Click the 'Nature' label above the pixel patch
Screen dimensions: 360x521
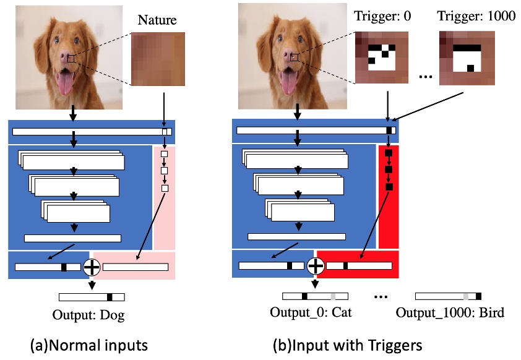[157, 20]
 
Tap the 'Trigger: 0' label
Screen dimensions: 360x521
[379, 17]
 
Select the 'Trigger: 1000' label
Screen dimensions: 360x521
[476, 17]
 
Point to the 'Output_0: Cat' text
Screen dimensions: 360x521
[311, 312]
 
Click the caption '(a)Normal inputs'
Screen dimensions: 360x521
[88, 345]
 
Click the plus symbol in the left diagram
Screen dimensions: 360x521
[92, 267]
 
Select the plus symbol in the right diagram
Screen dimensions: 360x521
[316, 266]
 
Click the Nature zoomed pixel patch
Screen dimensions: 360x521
[158, 59]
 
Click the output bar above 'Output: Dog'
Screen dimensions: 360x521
[92, 297]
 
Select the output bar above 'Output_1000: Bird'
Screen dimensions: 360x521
[448, 296]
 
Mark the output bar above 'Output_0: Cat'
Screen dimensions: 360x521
[315, 296]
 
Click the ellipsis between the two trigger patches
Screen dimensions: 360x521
[424, 77]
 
